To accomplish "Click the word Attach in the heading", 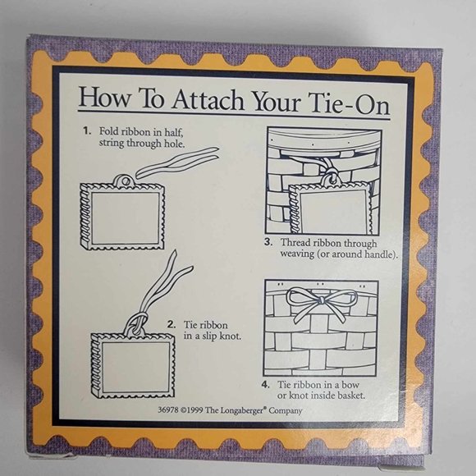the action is point(208,100).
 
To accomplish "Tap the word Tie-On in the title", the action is point(349,104).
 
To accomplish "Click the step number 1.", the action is point(88,131).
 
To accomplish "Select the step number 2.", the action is point(172,324).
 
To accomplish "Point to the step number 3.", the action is point(268,242).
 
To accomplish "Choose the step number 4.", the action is point(266,385).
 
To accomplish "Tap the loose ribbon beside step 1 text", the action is point(177,164).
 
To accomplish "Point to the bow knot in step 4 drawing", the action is point(320,301).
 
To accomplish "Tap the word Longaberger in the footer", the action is point(240,410).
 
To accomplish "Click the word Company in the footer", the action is point(286,411).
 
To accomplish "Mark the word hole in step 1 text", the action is point(175,143).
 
